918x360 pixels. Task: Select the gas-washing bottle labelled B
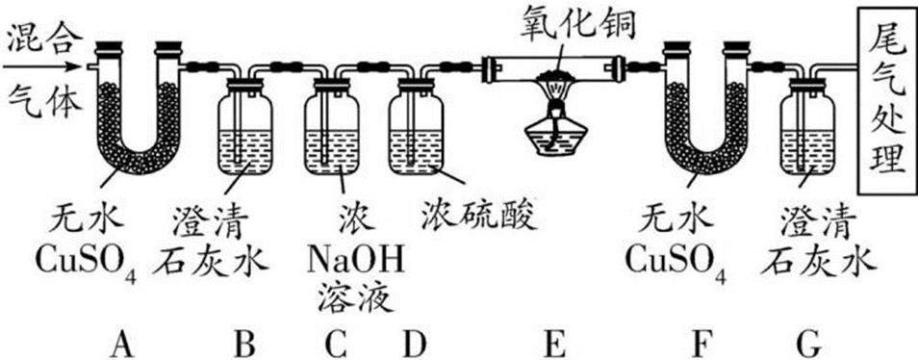point(245,130)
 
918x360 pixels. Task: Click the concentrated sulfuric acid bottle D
point(417,130)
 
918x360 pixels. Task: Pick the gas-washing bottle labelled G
point(810,130)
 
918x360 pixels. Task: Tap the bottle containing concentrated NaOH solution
point(331,130)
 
